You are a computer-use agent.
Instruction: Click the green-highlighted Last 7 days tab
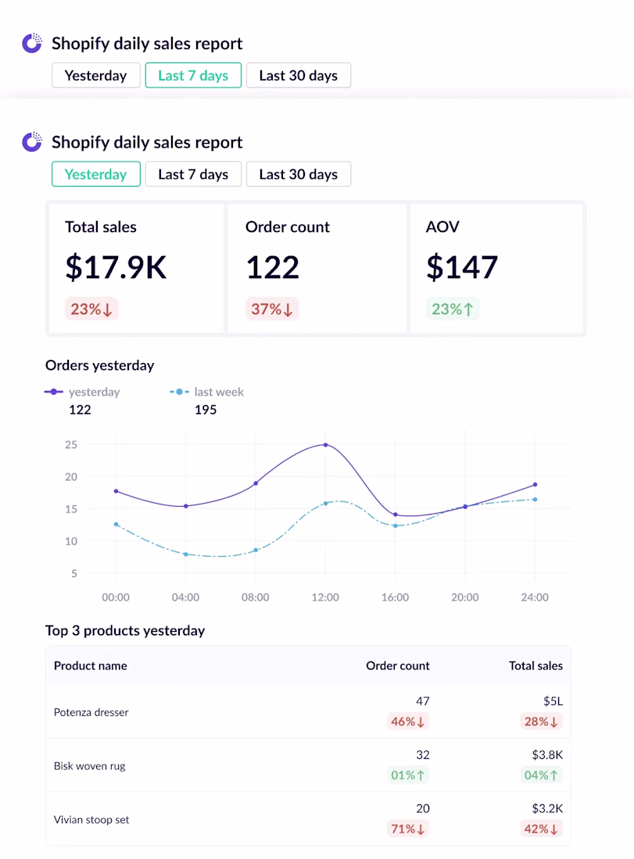pos(193,76)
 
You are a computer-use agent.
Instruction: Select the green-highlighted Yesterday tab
pos(95,174)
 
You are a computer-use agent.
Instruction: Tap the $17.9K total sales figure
pos(116,267)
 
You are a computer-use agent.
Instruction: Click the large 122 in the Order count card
pos(273,267)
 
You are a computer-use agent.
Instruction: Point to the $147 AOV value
pos(462,267)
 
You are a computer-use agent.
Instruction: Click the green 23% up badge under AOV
pos(453,309)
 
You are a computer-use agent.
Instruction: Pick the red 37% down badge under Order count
pos(272,309)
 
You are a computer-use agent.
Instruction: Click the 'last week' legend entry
pos(218,392)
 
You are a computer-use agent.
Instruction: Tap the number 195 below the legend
pos(206,410)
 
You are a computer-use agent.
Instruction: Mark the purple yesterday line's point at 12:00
pos(325,445)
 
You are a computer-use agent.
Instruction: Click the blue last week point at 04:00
pos(185,554)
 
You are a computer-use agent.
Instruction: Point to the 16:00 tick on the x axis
pos(395,597)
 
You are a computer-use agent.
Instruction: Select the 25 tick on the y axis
pos(71,445)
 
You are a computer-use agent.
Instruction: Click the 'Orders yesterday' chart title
pos(100,365)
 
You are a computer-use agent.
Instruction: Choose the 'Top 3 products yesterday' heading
pos(125,631)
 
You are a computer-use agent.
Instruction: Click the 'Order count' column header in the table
pos(398,666)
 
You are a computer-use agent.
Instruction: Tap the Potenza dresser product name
pos(91,712)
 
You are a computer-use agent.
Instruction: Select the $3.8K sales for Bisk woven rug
pos(546,755)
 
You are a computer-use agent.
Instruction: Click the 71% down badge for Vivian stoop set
pos(409,829)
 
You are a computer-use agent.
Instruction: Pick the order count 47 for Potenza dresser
pos(422,701)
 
